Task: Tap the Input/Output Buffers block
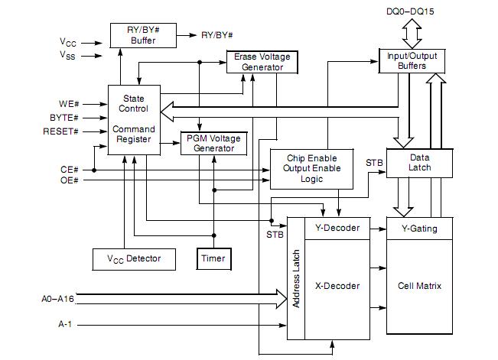coord(412,60)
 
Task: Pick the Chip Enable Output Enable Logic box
coord(311,168)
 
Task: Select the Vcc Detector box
coord(134,258)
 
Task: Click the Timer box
coord(213,258)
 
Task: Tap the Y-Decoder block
coord(337,227)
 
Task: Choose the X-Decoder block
coord(337,287)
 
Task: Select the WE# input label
coord(69,102)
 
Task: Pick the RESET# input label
coord(63,131)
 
